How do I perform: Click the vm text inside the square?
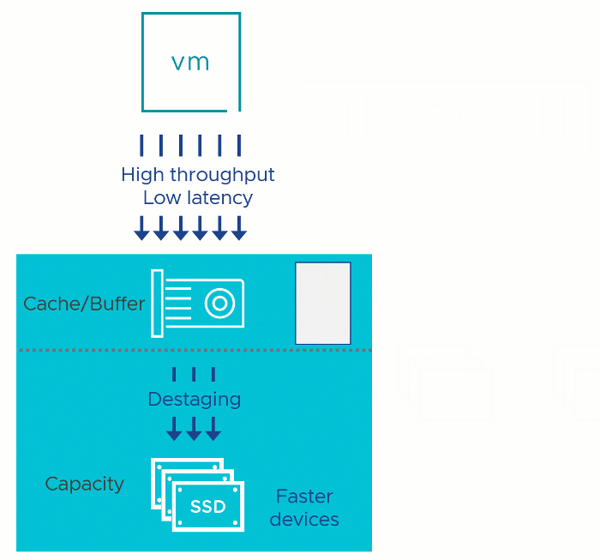(190, 63)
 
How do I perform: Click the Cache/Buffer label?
(84, 304)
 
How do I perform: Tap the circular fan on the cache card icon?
(220, 304)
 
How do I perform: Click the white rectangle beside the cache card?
(323, 304)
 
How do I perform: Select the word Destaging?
(194, 400)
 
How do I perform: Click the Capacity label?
(84, 484)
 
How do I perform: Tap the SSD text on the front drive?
(208, 507)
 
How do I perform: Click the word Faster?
(304, 497)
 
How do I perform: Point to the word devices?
(304, 520)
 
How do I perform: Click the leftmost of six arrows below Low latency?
(142, 229)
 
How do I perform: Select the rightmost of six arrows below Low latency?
(239, 229)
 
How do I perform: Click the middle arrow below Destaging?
(194, 428)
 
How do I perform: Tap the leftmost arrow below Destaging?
(174, 428)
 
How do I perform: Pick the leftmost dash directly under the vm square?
(142, 145)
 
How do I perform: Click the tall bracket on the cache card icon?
(157, 303)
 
